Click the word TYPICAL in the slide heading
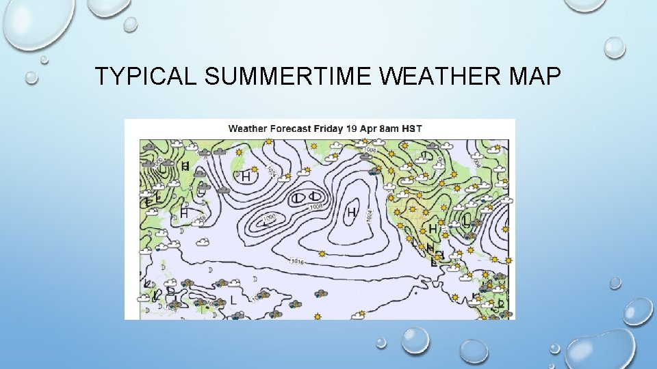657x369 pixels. click(145, 77)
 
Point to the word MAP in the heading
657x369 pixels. click(534, 77)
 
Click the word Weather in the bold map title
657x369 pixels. click(248, 128)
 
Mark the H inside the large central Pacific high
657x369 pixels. click(352, 213)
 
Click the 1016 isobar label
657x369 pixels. click(297, 262)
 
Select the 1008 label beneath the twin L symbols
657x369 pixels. click(315, 206)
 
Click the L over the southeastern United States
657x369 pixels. click(467, 220)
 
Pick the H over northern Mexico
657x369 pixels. click(433, 228)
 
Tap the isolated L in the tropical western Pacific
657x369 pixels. click(234, 299)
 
